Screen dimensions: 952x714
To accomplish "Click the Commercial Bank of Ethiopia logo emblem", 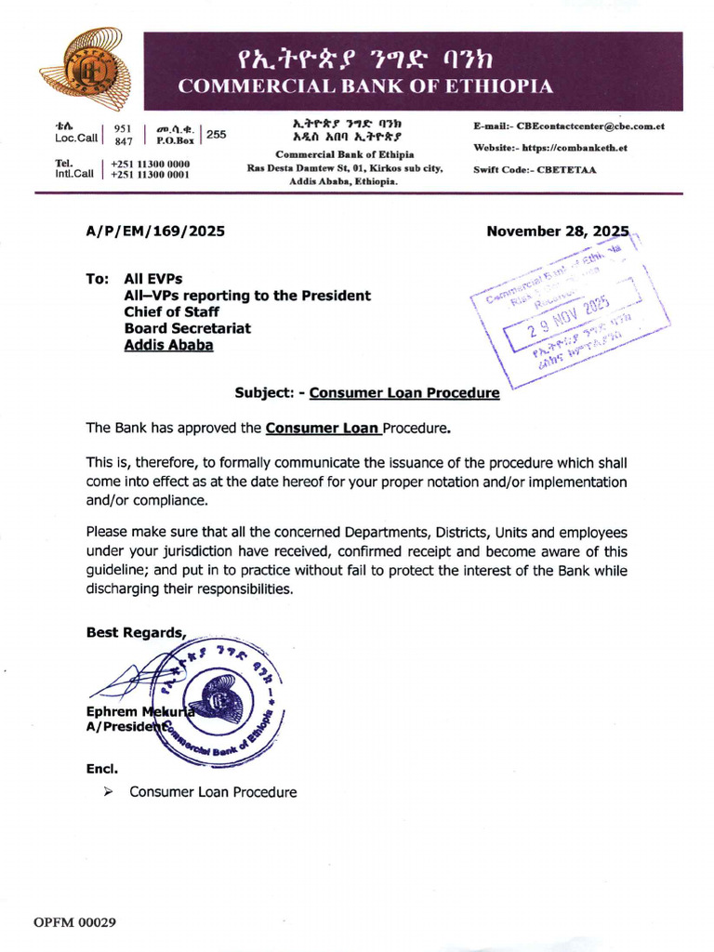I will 85,71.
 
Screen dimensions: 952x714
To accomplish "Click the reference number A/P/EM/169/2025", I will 155,231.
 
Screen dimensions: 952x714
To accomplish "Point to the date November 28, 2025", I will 558,231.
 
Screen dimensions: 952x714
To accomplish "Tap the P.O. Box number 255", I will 216,135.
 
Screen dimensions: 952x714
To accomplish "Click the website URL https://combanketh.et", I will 575,148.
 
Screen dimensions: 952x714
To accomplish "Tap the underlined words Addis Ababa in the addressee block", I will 168,345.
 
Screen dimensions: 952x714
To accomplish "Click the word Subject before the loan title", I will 263,393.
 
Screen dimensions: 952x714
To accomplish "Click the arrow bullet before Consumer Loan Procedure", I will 109,792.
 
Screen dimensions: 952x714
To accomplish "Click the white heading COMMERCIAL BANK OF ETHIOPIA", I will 365,87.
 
